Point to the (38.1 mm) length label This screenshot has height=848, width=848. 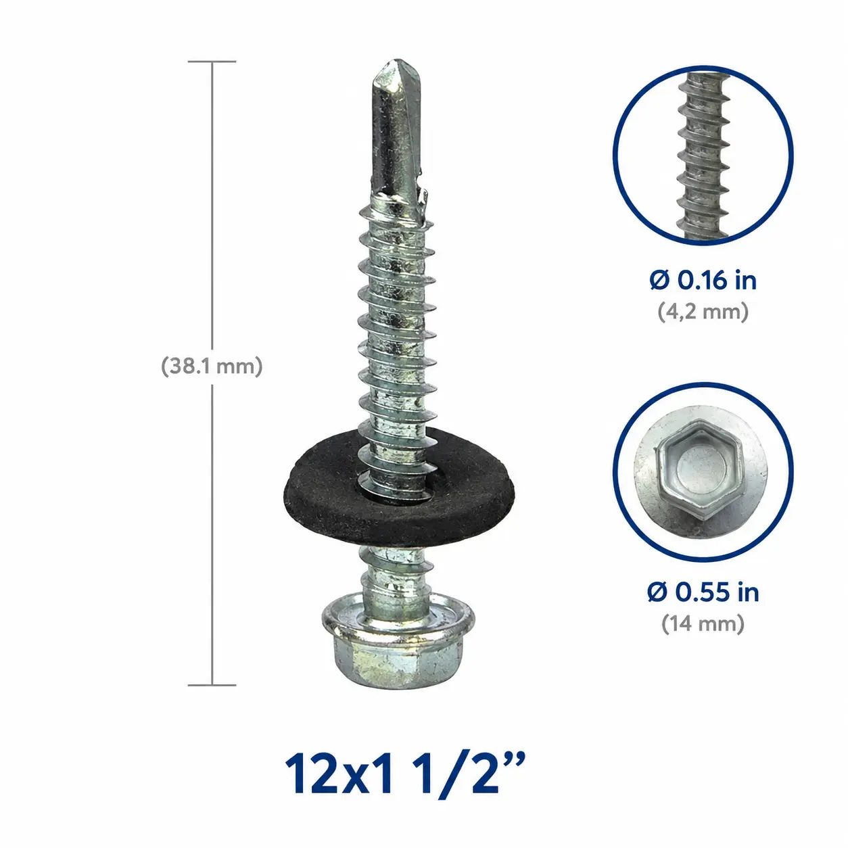click(212, 366)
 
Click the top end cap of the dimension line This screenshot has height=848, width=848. click(212, 62)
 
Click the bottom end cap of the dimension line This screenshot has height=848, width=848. click(212, 685)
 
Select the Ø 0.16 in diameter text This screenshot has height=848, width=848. click(703, 281)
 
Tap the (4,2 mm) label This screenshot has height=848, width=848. click(703, 312)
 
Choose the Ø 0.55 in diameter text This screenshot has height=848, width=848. click(703, 592)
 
